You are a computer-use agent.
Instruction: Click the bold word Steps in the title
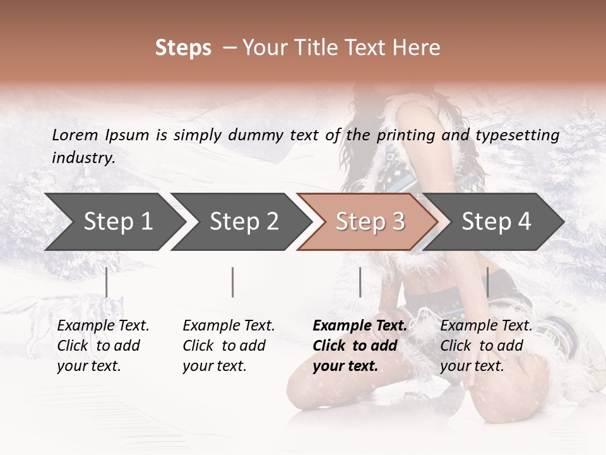pyautogui.click(x=183, y=48)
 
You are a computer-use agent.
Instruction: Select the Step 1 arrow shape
pyautogui.click(x=114, y=222)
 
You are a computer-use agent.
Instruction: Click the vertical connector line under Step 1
pyautogui.click(x=107, y=282)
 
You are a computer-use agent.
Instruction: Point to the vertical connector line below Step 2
pyautogui.click(x=233, y=282)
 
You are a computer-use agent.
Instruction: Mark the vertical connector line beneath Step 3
pyautogui.click(x=360, y=282)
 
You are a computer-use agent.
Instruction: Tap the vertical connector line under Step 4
pyautogui.click(x=487, y=282)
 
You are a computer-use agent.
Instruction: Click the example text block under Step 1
pyautogui.click(x=103, y=346)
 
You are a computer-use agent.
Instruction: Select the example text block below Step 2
pyautogui.click(x=229, y=346)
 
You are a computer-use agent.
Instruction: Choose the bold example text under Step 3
pyautogui.click(x=360, y=346)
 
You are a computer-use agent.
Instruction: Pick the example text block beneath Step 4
pyautogui.click(x=486, y=346)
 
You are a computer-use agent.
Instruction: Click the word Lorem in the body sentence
pyautogui.click(x=75, y=135)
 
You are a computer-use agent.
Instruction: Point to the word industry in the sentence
pyautogui.click(x=83, y=158)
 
